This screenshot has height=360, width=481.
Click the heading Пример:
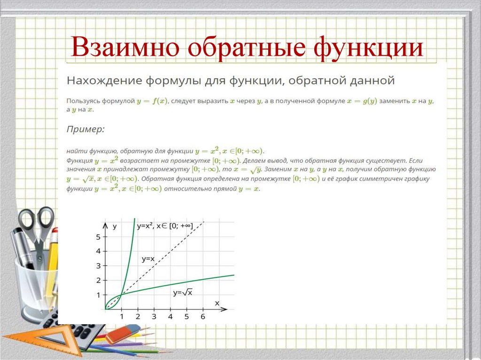point(85,129)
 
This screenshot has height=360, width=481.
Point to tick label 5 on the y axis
point(98,237)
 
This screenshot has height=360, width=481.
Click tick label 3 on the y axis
point(98,266)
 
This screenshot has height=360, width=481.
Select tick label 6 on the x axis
point(202,317)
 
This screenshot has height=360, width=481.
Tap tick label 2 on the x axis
point(138,317)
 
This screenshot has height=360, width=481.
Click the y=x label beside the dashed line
point(148,259)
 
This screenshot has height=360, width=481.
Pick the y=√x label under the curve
point(183,292)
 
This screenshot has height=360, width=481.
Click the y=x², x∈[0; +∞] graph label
point(164,226)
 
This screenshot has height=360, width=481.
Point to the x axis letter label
point(217,303)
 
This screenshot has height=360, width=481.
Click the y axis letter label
point(115,226)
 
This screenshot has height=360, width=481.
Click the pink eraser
point(123,334)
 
